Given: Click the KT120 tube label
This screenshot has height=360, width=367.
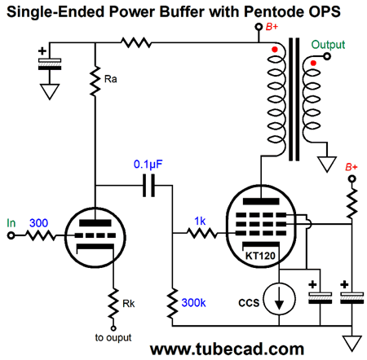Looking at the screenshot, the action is (260, 256).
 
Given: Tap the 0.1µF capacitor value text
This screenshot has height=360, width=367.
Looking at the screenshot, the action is (148, 164).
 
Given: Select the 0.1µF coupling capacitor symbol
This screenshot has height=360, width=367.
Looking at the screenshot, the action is (149, 186).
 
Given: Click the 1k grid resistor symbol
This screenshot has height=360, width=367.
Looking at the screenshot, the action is (202, 233).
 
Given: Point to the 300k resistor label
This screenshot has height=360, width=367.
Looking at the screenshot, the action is (193, 303).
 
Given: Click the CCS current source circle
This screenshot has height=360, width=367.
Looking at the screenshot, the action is (279, 298).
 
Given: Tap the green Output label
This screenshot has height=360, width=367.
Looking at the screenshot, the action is (328, 45).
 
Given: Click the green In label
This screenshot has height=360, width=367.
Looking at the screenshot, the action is (11, 223).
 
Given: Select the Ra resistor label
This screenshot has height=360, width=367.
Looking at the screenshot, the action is (111, 79).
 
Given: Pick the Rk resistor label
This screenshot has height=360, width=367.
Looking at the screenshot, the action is (129, 304).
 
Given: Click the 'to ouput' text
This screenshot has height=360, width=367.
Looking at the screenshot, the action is (113, 338).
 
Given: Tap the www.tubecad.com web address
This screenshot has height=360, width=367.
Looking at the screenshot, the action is (227, 349).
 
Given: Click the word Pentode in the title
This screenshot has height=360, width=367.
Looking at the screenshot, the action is (273, 11).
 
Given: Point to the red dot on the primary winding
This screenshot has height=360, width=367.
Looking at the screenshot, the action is (275, 50).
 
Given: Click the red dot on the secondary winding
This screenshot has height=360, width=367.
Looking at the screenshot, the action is (313, 63).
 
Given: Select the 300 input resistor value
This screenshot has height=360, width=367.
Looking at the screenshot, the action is (38, 223).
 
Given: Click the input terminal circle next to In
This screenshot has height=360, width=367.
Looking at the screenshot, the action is (11, 235).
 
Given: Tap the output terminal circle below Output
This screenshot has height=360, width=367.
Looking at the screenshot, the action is (327, 56).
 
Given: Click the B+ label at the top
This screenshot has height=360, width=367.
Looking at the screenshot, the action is (272, 27).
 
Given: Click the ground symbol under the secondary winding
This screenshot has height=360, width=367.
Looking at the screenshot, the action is (327, 164).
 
